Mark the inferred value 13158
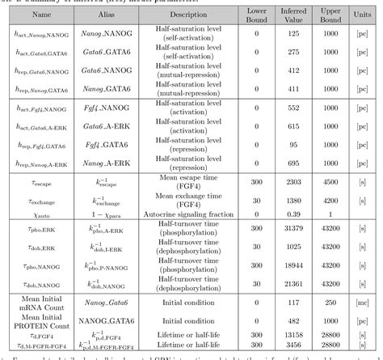click(293, 332)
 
